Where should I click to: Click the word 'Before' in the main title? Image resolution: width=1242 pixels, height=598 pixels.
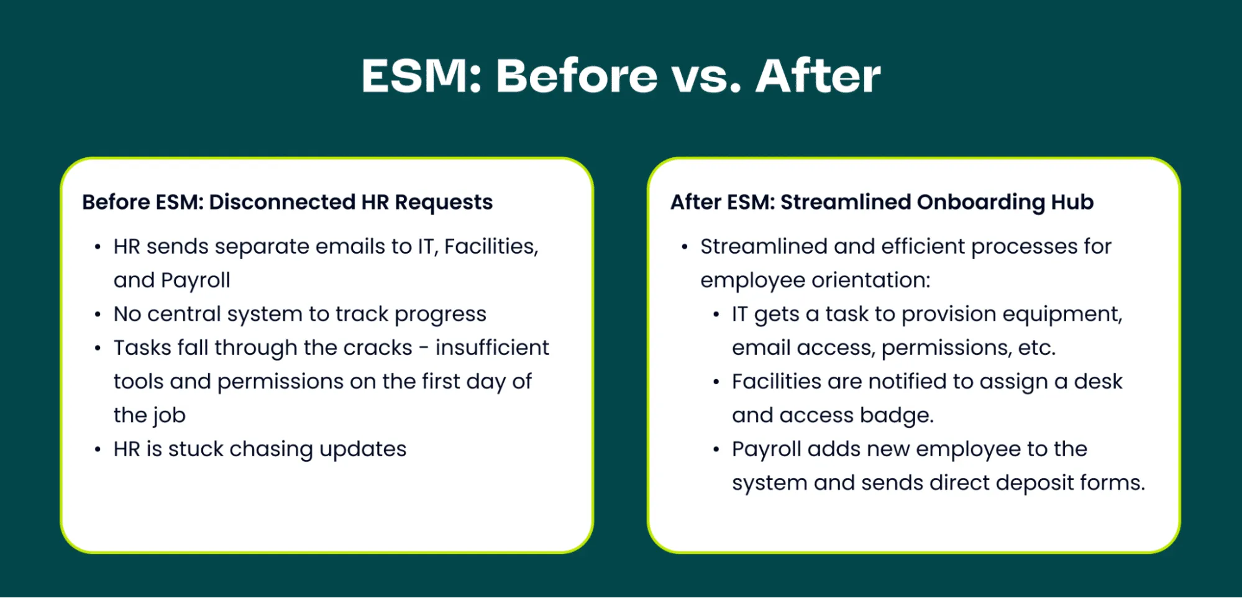click(x=577, y=76)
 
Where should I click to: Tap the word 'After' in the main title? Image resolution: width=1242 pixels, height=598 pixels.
click(x=818, y=76)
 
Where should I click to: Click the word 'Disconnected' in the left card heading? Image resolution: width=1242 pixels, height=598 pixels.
click(x=282, y=202)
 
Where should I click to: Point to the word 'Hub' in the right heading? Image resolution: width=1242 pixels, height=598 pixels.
click(x=1072, y=202)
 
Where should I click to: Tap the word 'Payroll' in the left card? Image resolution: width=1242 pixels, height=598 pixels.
click(x=195, y=281)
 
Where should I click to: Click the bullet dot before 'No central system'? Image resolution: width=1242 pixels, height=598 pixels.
click(x=98, y=315)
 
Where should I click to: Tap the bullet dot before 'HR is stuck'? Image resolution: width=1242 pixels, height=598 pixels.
click(x=98, y=449)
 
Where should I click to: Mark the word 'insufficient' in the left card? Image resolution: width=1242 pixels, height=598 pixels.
click(x=492, y=347)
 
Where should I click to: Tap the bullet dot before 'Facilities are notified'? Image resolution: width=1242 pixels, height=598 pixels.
click(x=716, y=382)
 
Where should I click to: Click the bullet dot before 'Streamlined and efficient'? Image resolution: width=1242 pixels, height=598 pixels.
click(x=685, y=247)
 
